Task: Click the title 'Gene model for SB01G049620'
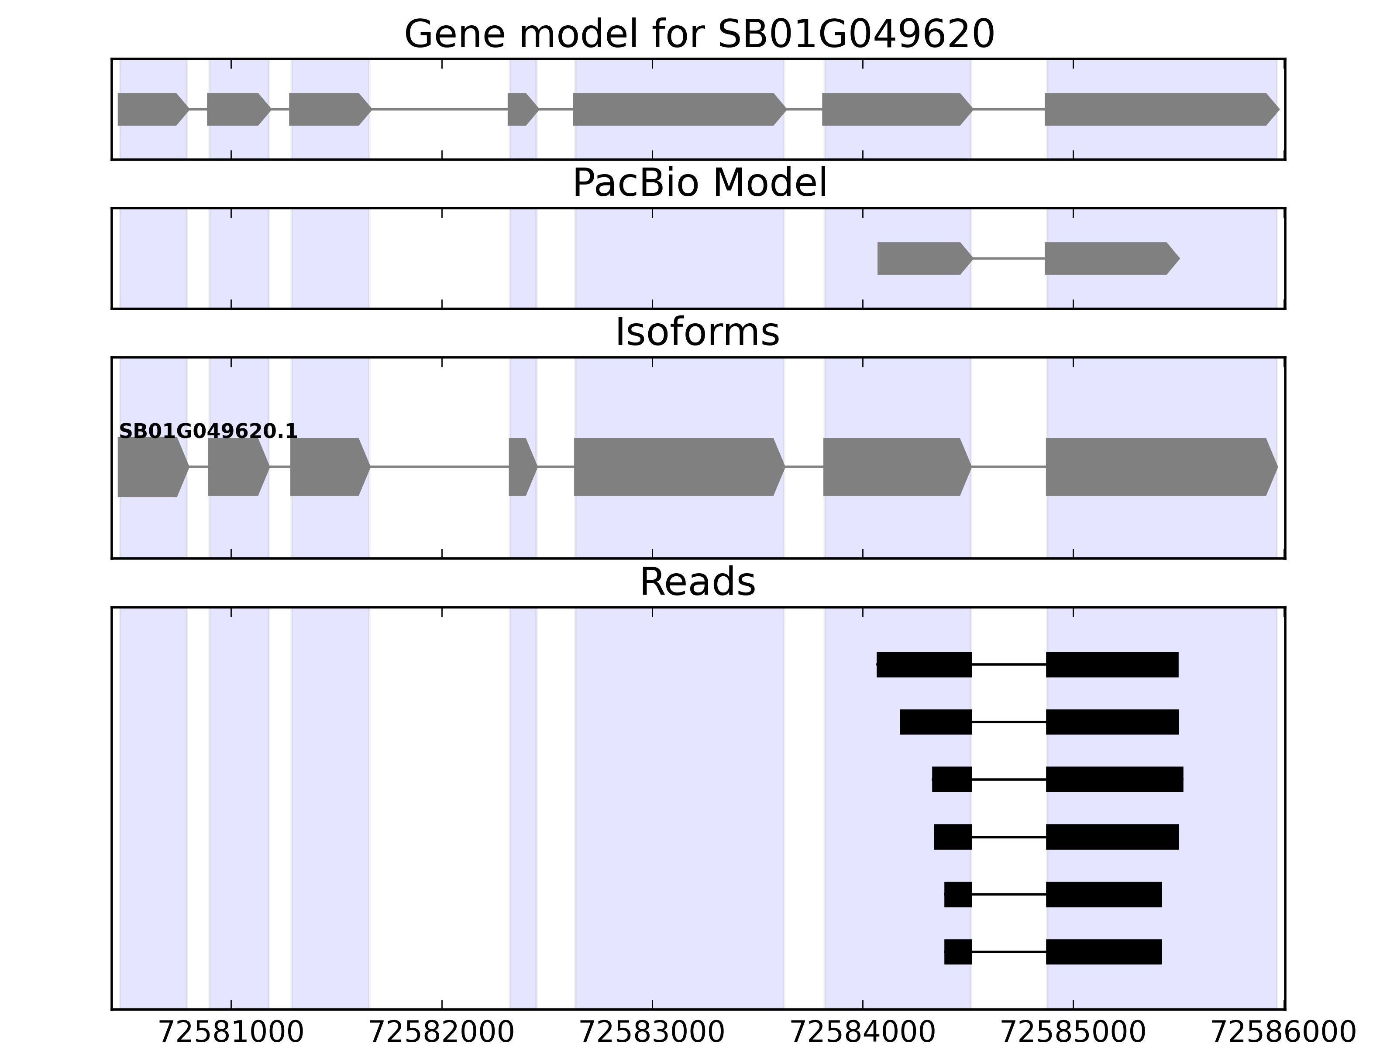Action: point(699,34)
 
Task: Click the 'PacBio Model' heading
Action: point(699,183)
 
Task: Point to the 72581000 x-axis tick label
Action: point(231,1033)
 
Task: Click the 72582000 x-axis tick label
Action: point(441,1033)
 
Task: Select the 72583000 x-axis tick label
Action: point(652,1033)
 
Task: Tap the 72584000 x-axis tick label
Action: point(863,1033)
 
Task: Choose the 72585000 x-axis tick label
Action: point(1074,1033)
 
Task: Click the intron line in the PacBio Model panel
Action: point(1008,258)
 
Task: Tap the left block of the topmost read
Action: point(924,664)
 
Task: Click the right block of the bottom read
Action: point(1103,952)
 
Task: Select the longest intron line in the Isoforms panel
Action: point(440,467)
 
